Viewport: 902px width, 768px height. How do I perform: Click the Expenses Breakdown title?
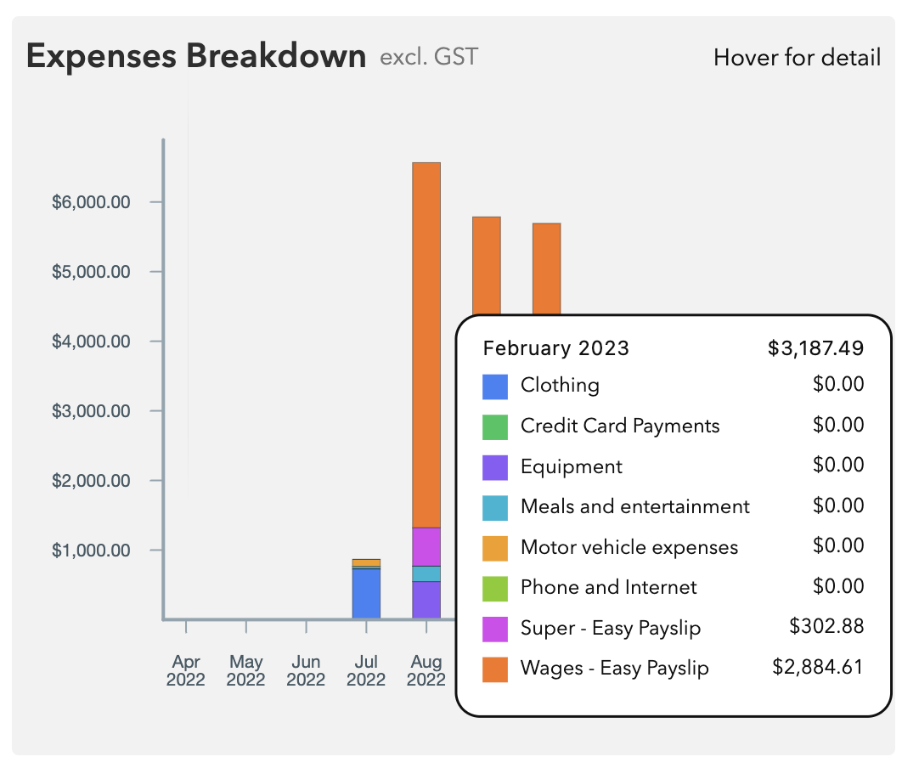coord(196,57)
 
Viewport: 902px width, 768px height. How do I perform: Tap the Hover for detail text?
coord(797,58)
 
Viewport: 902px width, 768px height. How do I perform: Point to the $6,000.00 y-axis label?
coord(91,202)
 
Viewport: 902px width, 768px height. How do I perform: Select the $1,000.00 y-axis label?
coord(91,551)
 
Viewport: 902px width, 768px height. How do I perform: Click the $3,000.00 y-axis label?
coord(91,411)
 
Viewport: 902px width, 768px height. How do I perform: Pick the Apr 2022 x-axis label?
coord(186,670)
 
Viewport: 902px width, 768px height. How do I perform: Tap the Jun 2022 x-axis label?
coord(306,670)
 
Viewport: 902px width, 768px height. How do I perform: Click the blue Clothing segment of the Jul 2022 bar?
coord(366,593)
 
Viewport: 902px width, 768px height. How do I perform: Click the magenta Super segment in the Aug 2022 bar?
coord(426,546)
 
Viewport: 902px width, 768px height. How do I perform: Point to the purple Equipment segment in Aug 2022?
coord(426,600)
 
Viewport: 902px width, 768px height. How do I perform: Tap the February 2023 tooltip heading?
coord(556,348)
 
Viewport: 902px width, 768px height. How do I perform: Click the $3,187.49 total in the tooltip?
coord(815,348)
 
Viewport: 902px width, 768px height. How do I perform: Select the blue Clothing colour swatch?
coord(495,387)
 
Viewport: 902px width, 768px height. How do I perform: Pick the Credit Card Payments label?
coord(620,426)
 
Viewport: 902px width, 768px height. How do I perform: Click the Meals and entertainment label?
coord(635,506)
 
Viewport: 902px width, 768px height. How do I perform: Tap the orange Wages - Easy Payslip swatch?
coord(495,669)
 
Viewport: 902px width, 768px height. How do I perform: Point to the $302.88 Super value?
coord(826,627)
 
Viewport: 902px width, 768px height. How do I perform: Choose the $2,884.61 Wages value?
coord(817,668)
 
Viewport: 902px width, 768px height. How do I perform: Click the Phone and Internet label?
coord(608,587)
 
